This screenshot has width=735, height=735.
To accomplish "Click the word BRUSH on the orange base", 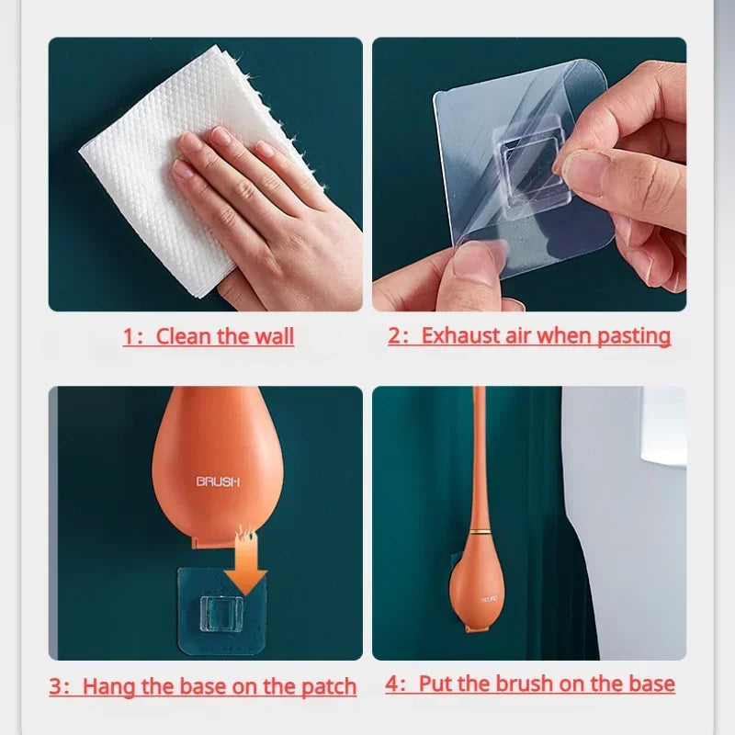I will tap(218, 481).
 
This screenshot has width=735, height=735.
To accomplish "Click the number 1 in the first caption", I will tap(129, 336).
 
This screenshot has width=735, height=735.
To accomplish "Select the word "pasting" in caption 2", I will tap(634, 335).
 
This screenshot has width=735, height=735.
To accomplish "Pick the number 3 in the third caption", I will tap(55, 686).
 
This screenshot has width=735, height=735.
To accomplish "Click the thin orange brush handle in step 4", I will tap(479, 459).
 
